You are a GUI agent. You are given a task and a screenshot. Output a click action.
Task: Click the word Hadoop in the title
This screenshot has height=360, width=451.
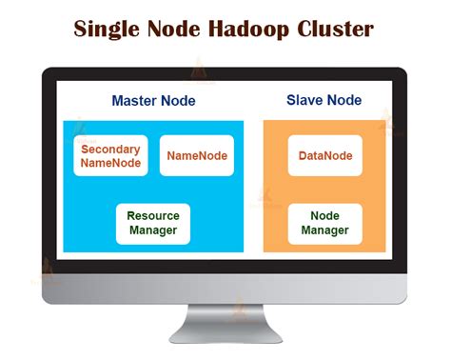251,29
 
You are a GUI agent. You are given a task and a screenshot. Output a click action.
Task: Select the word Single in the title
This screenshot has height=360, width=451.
111,29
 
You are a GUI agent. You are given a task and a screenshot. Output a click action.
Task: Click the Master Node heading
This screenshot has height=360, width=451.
153,100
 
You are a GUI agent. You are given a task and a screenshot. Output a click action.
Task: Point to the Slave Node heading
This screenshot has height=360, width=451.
324,100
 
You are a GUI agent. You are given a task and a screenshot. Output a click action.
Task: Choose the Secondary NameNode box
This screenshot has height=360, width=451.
111,156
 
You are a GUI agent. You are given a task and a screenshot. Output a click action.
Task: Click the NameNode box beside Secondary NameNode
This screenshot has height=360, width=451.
197,156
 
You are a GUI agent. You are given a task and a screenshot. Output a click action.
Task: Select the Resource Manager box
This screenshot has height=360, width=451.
153,224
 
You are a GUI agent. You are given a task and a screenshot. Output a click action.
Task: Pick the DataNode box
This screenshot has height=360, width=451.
324,156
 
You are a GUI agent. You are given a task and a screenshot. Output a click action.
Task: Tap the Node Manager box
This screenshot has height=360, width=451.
324,224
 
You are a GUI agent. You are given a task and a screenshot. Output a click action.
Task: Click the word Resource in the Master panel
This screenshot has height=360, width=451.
153,216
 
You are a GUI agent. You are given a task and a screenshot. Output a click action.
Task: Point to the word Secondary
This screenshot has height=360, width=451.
111,150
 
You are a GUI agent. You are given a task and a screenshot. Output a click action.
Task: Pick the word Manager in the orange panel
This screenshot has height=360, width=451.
324,230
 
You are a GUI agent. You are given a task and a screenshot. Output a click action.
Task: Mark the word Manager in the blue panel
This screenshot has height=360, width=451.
153,230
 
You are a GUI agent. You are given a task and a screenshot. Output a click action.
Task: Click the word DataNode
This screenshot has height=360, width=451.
324,156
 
